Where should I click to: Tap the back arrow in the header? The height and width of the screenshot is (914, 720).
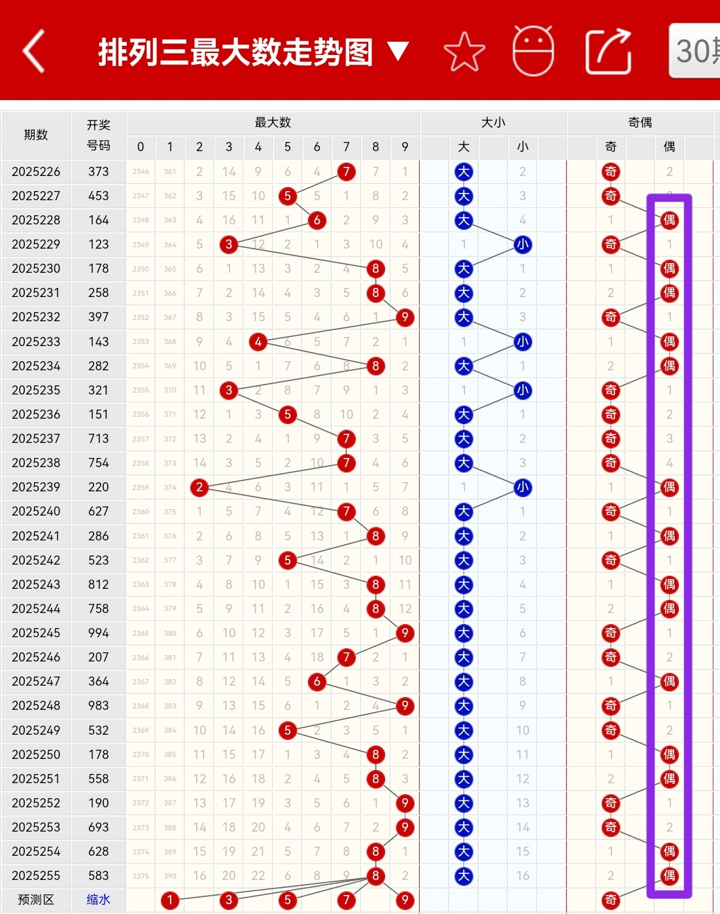pyautogui.click(x=34, y=51)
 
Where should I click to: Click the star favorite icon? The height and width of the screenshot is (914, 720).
pyautogui.click(x=464, y=52)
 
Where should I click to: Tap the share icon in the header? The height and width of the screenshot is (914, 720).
pyautogui.click(x=608, y=52)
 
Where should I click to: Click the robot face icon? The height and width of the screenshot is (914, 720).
pyautogui.click(x=533, y=51)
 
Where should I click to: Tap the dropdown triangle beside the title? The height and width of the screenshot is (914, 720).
pyautogui.click(x=398, y=51)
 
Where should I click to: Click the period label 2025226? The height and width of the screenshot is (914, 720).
pyautogui.click(x=36, y=172)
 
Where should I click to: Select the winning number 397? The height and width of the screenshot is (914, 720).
pyautogui.click(x=99, y=317)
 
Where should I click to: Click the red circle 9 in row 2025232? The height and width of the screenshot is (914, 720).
pyautogui.click(x=405, y=317)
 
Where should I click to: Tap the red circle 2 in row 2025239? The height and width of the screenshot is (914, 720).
pyautogui.click(x=199, y=487)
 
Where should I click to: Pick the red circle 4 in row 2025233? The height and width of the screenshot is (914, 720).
pyautogui.click(x=258, y=342)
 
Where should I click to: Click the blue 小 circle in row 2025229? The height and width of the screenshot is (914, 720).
pyautogui.click(x=523, y=245)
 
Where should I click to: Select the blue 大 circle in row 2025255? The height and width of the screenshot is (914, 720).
pyautogui.click(x=464, y=876)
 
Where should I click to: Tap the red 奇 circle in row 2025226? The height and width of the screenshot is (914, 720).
pyautogui.click(x=610, y=172)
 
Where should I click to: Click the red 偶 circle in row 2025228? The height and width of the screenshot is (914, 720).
pyautogui.click(x=669, y=220)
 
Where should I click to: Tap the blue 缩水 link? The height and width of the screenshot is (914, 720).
pyautogui.click(x=99, y=900)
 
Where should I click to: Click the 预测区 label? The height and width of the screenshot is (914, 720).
pyautogui.click(x=36, y=900)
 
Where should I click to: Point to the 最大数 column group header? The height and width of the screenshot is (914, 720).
pyautogui.click(x=273, y=123)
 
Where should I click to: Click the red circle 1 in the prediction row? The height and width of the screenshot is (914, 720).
pyautogui.click(x=170, y=900)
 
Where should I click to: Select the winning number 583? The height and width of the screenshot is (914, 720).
pyautogui.click(x=99, y=876)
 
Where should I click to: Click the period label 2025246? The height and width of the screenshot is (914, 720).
pyautogui.click(x=36, y=658)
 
